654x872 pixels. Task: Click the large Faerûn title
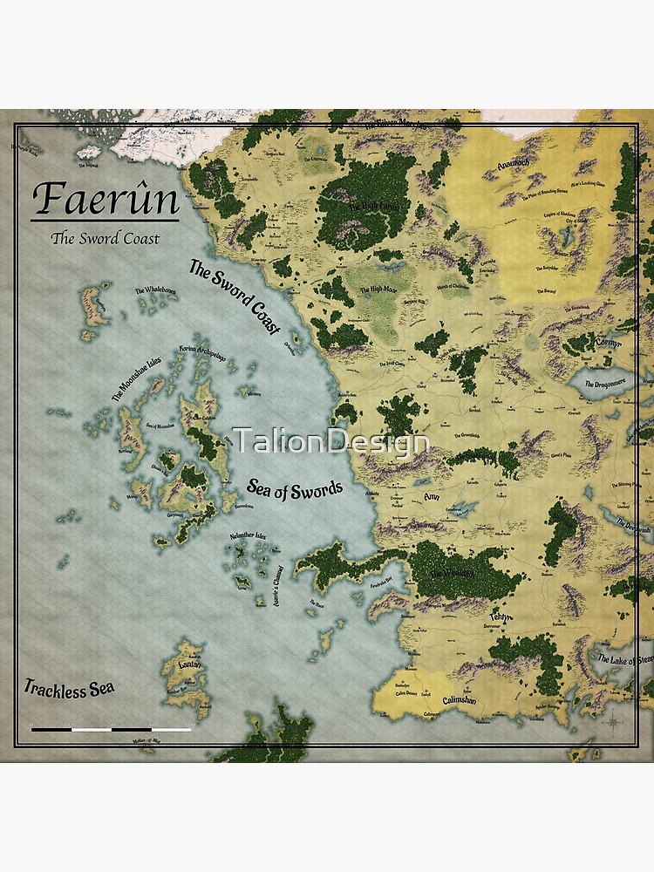(106, 200)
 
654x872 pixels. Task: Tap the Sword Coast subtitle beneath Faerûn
(105, 238)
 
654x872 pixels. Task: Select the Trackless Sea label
(69, 688)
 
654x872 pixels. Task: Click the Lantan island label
(190, 665)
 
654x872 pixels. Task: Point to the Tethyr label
(504, 618)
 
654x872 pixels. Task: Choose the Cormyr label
(608, 344)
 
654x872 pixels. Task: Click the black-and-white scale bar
(111, 729)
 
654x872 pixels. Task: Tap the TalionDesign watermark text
(331, 441)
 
